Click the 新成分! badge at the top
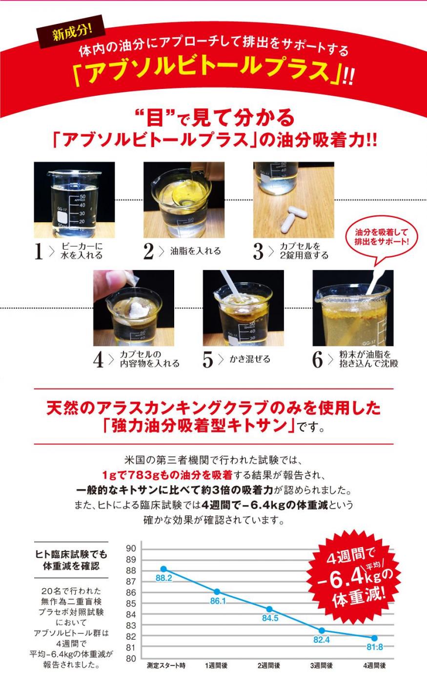(71, 31)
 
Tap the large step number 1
(39, 251)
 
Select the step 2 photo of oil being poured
(184, 200)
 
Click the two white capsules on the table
(293, 218)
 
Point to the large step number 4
(99, 360)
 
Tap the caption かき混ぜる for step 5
(250, 359)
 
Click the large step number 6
(317, 360)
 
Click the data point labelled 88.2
(163, 569)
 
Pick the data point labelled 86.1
(217, 592)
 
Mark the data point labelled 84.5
(269, 609)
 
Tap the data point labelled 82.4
(322, 631)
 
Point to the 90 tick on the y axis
(131, 549)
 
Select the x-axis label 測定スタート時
(166, 665)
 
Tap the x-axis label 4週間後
(374, 665)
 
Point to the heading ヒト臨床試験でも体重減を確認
(71, 560)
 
